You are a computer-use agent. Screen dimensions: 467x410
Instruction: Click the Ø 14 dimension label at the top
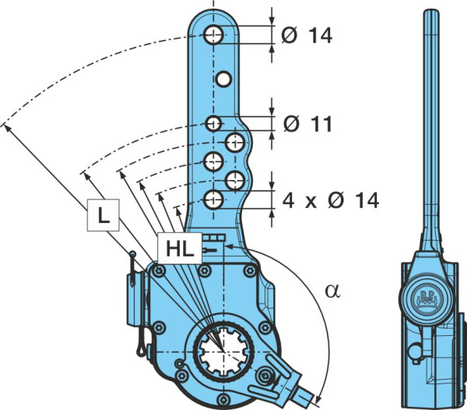307,36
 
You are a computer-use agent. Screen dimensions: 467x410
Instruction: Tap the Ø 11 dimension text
307,124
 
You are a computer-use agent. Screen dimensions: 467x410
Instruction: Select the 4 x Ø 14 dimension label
331,200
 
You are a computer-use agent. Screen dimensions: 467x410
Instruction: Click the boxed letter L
104,215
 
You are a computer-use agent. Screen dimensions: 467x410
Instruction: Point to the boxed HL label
180,249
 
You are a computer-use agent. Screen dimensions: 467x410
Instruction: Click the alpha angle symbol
332,291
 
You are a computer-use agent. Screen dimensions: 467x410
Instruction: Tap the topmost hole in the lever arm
213,35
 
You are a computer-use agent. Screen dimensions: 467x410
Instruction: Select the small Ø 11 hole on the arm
213,123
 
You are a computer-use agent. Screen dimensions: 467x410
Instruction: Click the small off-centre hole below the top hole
223,79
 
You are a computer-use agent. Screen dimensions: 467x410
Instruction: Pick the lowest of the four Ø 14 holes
213,200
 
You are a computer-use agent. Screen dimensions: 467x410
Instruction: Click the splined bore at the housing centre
223,352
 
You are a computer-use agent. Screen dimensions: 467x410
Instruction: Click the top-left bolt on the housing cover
159,271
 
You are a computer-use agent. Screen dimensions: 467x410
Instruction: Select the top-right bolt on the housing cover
250,270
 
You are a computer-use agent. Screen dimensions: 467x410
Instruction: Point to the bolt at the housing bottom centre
223,399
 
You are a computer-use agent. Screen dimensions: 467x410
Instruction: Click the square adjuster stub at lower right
304,394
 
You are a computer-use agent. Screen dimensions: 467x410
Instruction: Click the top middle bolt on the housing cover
205,270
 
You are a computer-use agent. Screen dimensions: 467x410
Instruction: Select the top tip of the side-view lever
431,10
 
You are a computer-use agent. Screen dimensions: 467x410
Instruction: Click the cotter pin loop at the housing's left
141,351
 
